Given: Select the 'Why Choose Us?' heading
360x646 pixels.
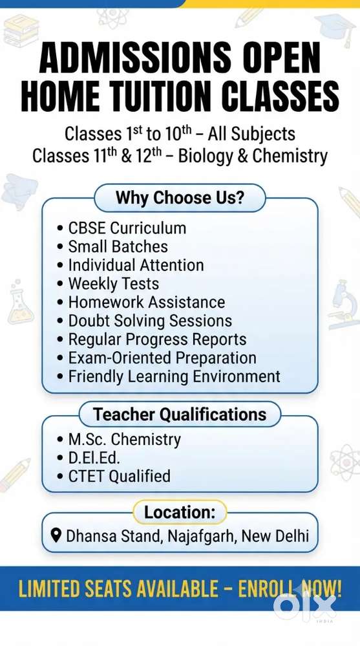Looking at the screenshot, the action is click(180, 198).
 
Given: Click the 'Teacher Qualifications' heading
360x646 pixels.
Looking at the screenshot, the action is click(180, 415).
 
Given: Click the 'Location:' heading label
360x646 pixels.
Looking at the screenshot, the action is click(180, 513).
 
